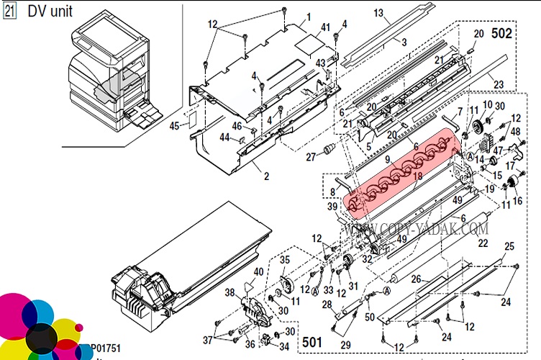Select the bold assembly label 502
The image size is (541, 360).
501,34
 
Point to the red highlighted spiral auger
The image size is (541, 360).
403,173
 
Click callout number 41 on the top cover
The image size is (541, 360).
326,27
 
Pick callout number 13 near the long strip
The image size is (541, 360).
379,14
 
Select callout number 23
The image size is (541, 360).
499,84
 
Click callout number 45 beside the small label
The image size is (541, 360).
174,126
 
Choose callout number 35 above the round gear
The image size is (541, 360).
284,259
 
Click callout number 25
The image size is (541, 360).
510,246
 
